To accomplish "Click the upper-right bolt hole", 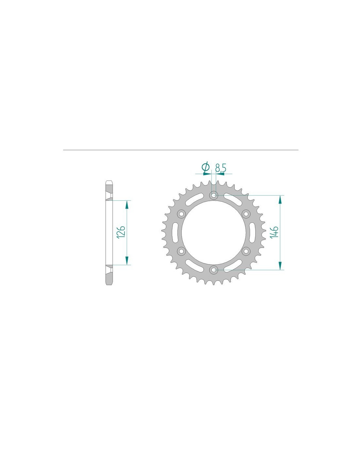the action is point(246,214).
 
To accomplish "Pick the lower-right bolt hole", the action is point(246,251).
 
